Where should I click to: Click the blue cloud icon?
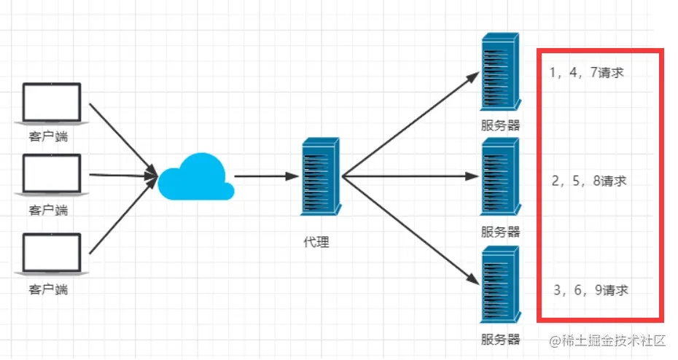[x=196, y=177]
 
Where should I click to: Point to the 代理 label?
[x=316, y=241]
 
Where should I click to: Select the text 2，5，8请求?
[x=590, y=181]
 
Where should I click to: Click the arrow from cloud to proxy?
[x=266, y=176]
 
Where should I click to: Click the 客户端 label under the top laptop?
[x=49, y=136]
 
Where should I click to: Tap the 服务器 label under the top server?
[x=501, y=125]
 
